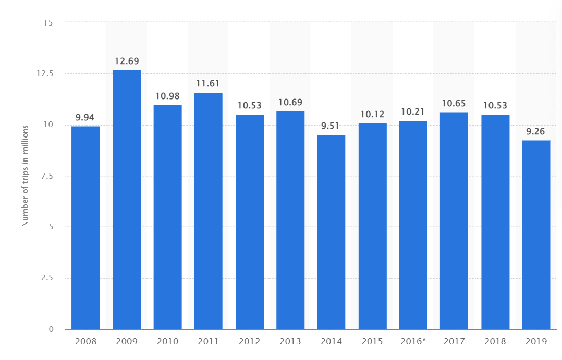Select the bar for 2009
(127, 200)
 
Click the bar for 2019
(536, 234)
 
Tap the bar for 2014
(331, 232)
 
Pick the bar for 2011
(209, 211)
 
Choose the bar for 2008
(85, 228)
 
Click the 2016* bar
(413, 225)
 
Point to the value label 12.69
(127, 61)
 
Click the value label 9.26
(536, 131)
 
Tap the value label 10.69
(290, 102)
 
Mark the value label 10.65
(454, 103)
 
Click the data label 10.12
(372, 114)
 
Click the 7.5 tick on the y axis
(46, 176)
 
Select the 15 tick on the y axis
(48, 22)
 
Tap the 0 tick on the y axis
(51, 329)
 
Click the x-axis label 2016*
(413, 342)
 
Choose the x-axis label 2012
(249, 342)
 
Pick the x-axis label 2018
(495, 342)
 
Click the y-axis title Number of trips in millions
(25, 176)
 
